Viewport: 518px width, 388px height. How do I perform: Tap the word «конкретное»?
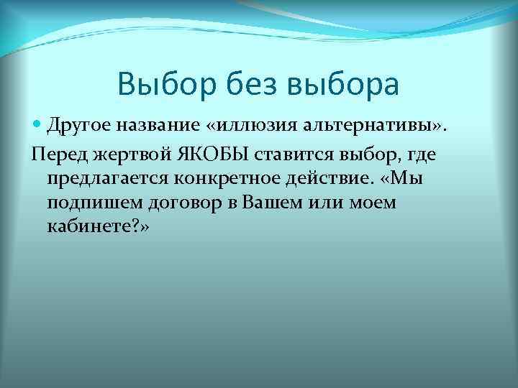[213, 178]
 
